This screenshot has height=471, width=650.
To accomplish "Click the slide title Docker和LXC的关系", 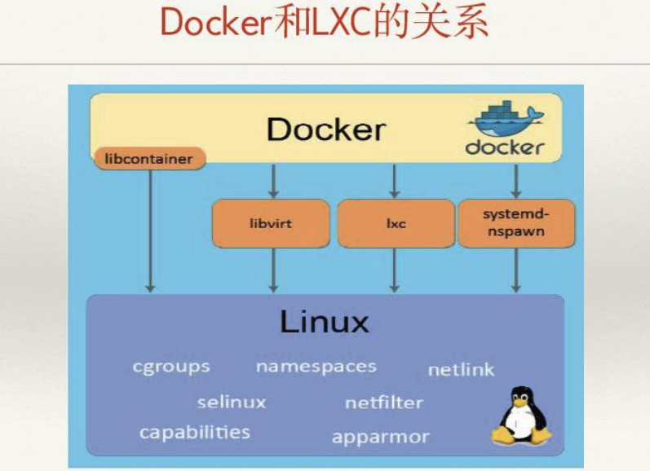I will tap(324, 24).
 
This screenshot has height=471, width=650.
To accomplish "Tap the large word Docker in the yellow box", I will tap(325, 130).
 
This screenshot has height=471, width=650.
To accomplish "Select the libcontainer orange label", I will tap(149, 158).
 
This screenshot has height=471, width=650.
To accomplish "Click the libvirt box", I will tap(271, 222).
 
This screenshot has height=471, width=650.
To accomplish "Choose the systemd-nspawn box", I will tap(515, 222).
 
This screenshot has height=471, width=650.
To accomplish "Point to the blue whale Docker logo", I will tap(505, 120).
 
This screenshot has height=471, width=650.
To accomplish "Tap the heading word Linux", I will tap(325, 321).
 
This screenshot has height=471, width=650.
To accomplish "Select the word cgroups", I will tap(171, 367).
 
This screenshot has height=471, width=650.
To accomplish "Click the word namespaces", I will tap(316, 367).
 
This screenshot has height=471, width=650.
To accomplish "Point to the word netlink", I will tap(461, 370).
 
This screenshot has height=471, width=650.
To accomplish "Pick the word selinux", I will tap(232, 402).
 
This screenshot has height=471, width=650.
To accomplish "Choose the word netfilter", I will tap(383, 403).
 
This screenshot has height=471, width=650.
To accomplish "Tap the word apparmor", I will tap(380, 437).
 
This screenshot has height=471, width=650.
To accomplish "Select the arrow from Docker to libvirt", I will tap(273, 181).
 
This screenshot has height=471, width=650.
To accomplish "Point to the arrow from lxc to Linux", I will tap(395, 269).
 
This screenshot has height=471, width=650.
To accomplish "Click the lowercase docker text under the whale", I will tap(504, 147).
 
